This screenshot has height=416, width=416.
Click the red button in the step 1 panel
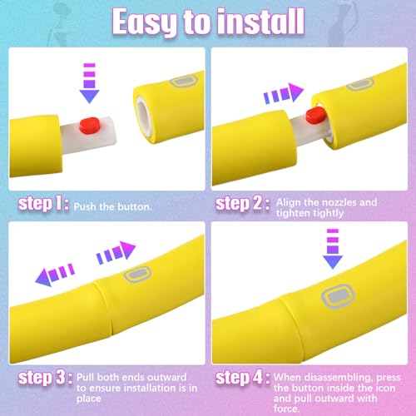click(x=89, y=126)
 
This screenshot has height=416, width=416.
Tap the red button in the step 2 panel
click(x=315, y=115)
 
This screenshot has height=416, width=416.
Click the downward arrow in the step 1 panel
click(x=89, y=83)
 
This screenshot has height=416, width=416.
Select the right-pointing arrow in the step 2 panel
click(x=284, y=93)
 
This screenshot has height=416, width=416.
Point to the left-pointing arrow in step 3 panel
click(x=55, y=275)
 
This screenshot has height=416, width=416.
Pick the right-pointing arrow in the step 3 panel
click(x=116, y=252)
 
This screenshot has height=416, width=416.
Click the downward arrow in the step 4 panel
click(x=333, y=249)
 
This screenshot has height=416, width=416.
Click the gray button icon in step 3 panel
click(x=137, y=275)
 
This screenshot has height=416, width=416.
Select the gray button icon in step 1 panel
click(x=184, y=82)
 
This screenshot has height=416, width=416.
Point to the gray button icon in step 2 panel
click(x=360, y=84)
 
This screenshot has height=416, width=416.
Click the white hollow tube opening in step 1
click(x=143, y=116)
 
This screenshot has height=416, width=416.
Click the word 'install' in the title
click(x=260, y=22)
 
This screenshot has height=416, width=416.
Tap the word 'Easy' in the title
click(x=144, y=22)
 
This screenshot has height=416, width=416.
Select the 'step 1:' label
click(x=43, y=204)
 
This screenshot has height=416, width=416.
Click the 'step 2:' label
click(x=242, y=204)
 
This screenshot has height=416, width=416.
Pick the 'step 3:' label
click(x=45, y=378)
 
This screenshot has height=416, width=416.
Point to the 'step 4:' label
click(x=242, y=378)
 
